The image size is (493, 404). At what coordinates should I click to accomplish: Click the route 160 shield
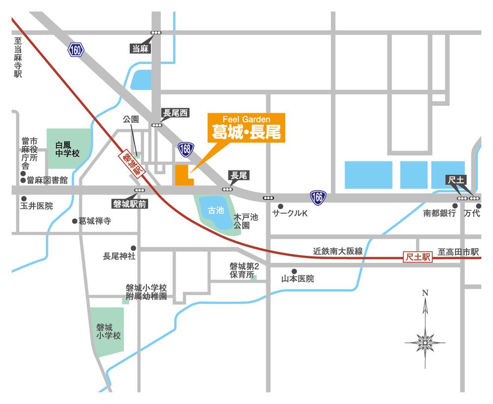76,49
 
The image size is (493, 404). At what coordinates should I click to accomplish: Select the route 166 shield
318,198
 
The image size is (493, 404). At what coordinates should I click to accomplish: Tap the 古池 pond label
216,211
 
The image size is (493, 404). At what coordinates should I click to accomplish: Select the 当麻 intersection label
140,48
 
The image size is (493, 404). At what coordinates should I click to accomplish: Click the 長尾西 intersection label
175,113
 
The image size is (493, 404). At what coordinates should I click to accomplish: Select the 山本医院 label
297,279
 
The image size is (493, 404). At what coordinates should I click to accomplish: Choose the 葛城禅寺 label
95,221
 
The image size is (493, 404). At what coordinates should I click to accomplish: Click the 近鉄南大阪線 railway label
338,251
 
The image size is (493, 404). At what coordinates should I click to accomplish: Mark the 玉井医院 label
36,206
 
